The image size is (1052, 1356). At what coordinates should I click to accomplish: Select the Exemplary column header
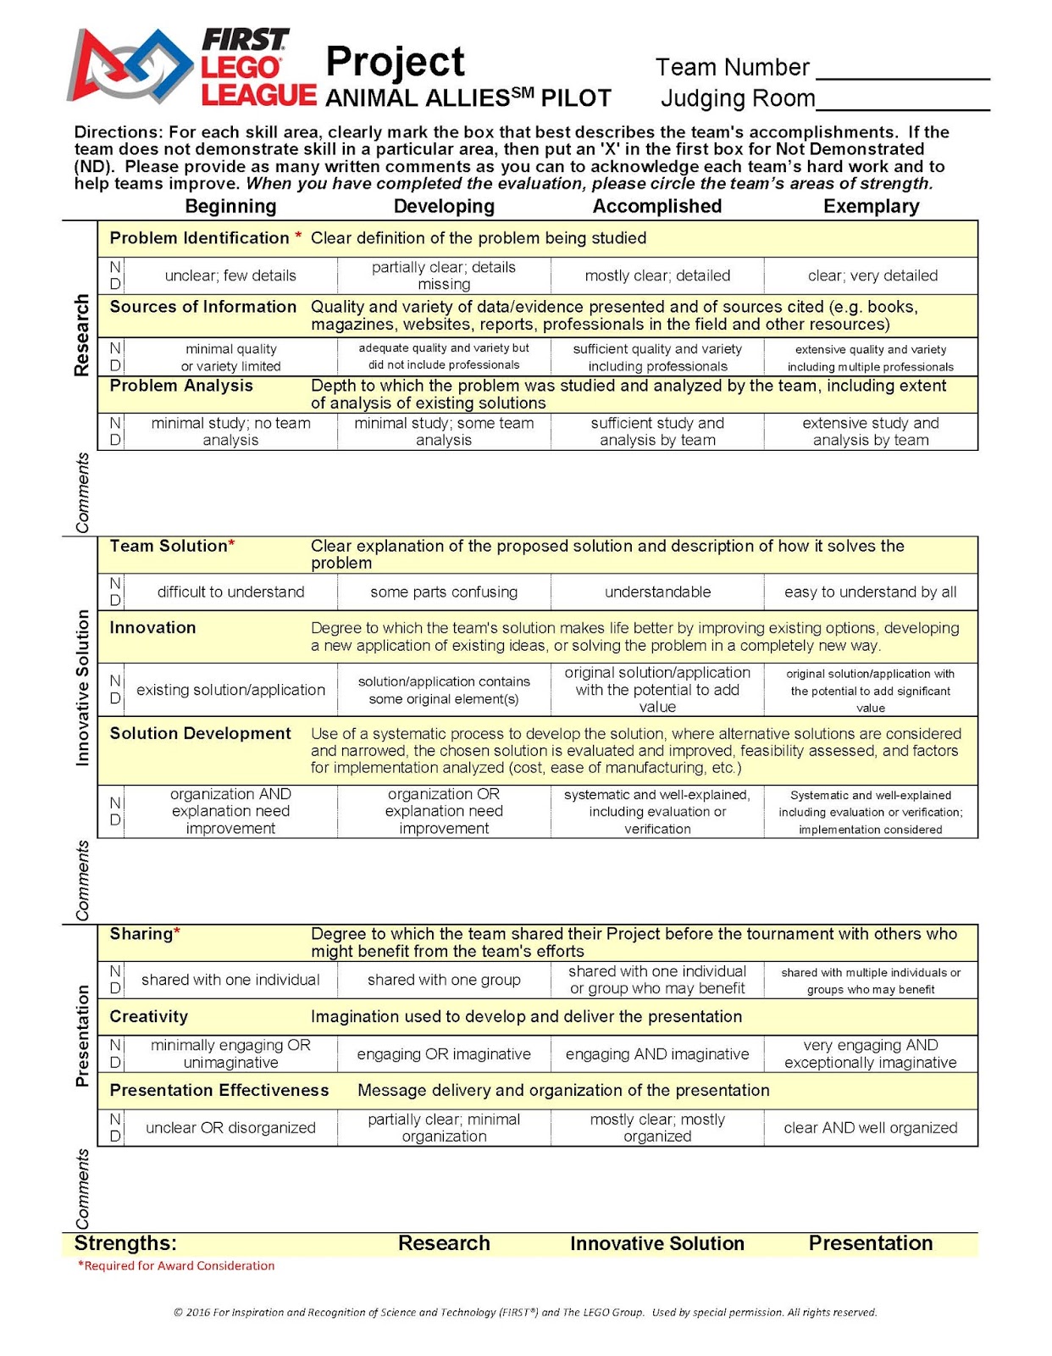click(871, 206)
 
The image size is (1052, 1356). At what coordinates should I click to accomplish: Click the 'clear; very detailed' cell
click(872, 275)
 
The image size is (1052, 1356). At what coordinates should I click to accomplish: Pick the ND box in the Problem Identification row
click(114, 275)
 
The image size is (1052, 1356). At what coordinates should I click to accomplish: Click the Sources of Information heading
click(202, 307)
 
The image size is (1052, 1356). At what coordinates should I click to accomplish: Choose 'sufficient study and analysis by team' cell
click(657, 431)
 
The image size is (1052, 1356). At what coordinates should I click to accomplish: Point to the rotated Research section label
click(81, 335)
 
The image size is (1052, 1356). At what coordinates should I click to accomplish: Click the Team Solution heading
click(169, 546)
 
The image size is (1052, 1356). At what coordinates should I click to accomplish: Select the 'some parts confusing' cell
click(444, 592)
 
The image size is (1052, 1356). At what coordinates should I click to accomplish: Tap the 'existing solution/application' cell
click(230, 690)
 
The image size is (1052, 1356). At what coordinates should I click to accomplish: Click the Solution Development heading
click(200, 733)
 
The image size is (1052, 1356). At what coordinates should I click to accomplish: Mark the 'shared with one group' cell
click(444, 980)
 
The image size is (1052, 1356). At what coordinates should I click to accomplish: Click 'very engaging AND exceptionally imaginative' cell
click(871, 1054)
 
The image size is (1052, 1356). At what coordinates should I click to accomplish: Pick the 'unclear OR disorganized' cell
click(230, 1128)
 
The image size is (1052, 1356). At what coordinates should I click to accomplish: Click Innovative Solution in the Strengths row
click(656, 1243)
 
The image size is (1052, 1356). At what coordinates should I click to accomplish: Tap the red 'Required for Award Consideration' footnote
click(176, 1265)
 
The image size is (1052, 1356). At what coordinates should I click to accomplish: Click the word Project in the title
click(395, 62)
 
